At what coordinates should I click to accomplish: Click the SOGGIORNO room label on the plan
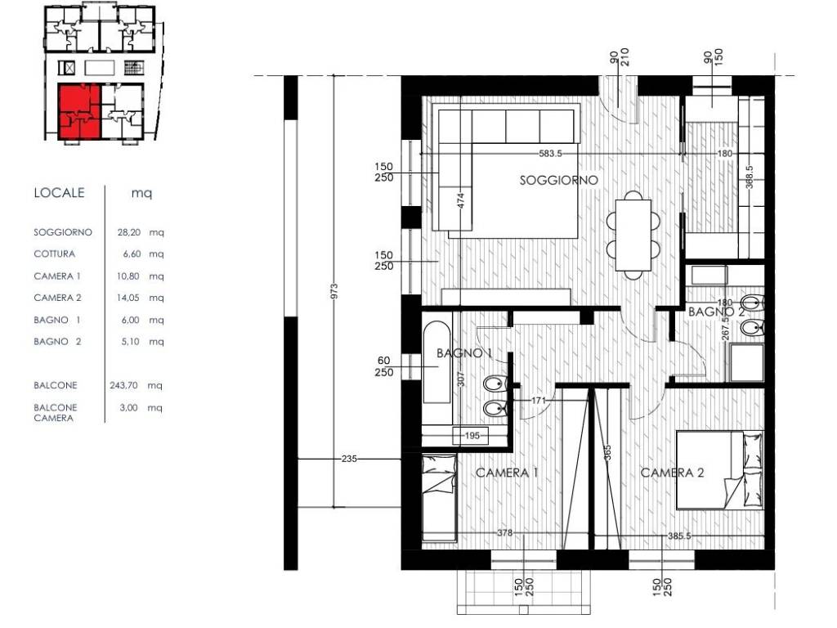click(558, 181)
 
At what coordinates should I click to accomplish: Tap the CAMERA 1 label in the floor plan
click(507, 473)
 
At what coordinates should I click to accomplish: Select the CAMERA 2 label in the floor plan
click(672, 473)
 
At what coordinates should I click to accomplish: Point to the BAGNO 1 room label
click(464, 353)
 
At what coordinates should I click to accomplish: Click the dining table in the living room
click(633, 235)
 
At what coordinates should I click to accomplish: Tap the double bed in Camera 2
click(719, 470)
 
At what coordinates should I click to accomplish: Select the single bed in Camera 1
click(439, 498)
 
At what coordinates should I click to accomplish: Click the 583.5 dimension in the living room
click(550, 154)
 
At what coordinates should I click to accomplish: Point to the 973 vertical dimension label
click(334, 291)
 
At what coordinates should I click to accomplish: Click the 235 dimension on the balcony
click(348, 459)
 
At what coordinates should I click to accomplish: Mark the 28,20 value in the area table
click(129, 232)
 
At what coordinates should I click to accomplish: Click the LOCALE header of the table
click(59, 193)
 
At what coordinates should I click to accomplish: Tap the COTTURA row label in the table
click(55, 253)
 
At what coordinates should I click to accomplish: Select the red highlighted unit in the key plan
click(79, 111)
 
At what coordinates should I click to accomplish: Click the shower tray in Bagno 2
click(746, 362)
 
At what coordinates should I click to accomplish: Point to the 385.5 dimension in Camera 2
click(679, 535)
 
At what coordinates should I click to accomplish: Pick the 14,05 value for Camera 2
click(128, 298)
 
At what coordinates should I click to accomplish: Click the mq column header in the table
click(141, 193)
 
